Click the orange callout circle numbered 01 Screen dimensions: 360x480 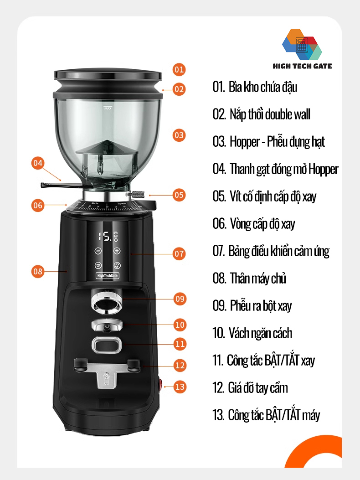179,69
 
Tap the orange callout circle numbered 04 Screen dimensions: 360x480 38,163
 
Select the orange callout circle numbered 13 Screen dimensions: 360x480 180,387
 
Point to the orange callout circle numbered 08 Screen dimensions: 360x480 38,272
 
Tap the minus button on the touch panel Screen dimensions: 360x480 98,251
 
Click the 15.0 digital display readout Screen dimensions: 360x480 108,236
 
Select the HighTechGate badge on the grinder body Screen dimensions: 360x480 107,275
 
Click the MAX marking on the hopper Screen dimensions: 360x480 108,108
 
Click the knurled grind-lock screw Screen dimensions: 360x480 138,194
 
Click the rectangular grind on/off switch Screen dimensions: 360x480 107,345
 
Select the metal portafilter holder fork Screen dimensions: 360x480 107,372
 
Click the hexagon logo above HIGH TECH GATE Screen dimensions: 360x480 302,44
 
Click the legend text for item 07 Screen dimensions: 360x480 271,251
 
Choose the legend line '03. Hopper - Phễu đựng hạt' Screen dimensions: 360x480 268,142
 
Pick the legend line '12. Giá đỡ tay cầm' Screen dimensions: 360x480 250,388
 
